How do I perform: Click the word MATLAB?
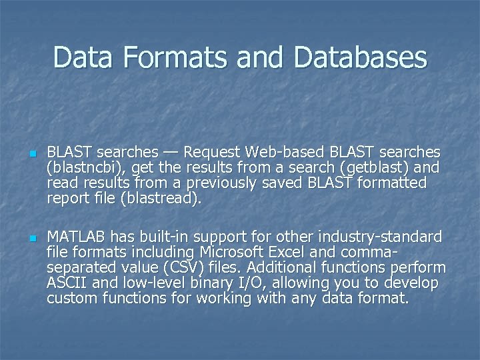[x=76, y=237]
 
